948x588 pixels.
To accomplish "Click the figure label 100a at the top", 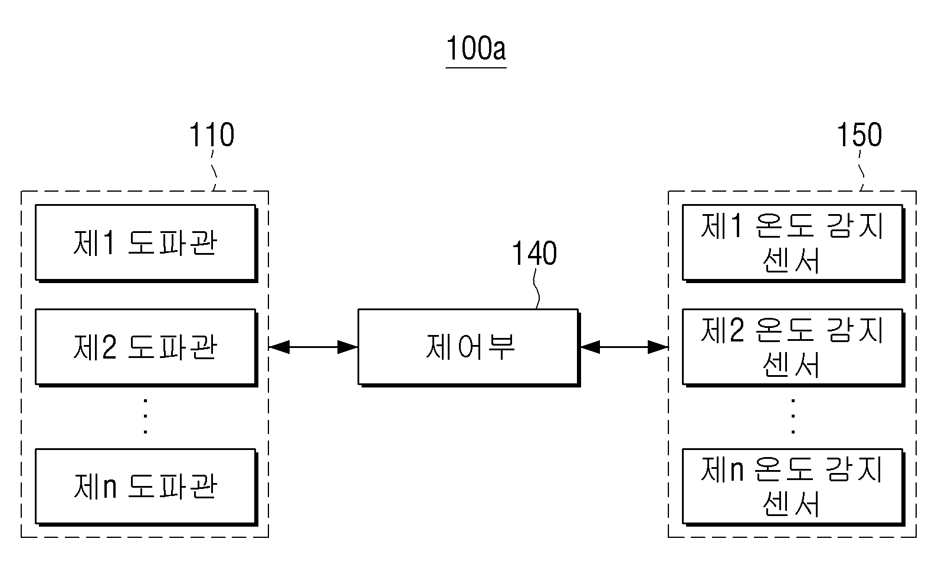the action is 475,48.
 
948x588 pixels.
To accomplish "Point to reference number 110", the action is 212,134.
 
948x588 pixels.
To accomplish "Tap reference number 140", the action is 534,253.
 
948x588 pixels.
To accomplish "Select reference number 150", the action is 859,134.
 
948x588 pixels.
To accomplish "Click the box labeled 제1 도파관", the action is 146,243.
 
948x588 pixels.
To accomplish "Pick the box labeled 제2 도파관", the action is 146,348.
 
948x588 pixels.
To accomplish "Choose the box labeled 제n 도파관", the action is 146,487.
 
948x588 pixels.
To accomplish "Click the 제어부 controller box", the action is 469,348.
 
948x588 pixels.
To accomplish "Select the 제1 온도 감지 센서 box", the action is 793,243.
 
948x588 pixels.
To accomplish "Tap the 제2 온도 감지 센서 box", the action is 793,348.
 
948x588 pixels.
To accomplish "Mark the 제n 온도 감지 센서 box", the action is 793,487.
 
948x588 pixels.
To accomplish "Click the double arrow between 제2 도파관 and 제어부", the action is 313,347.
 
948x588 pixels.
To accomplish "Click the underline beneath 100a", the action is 475,67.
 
